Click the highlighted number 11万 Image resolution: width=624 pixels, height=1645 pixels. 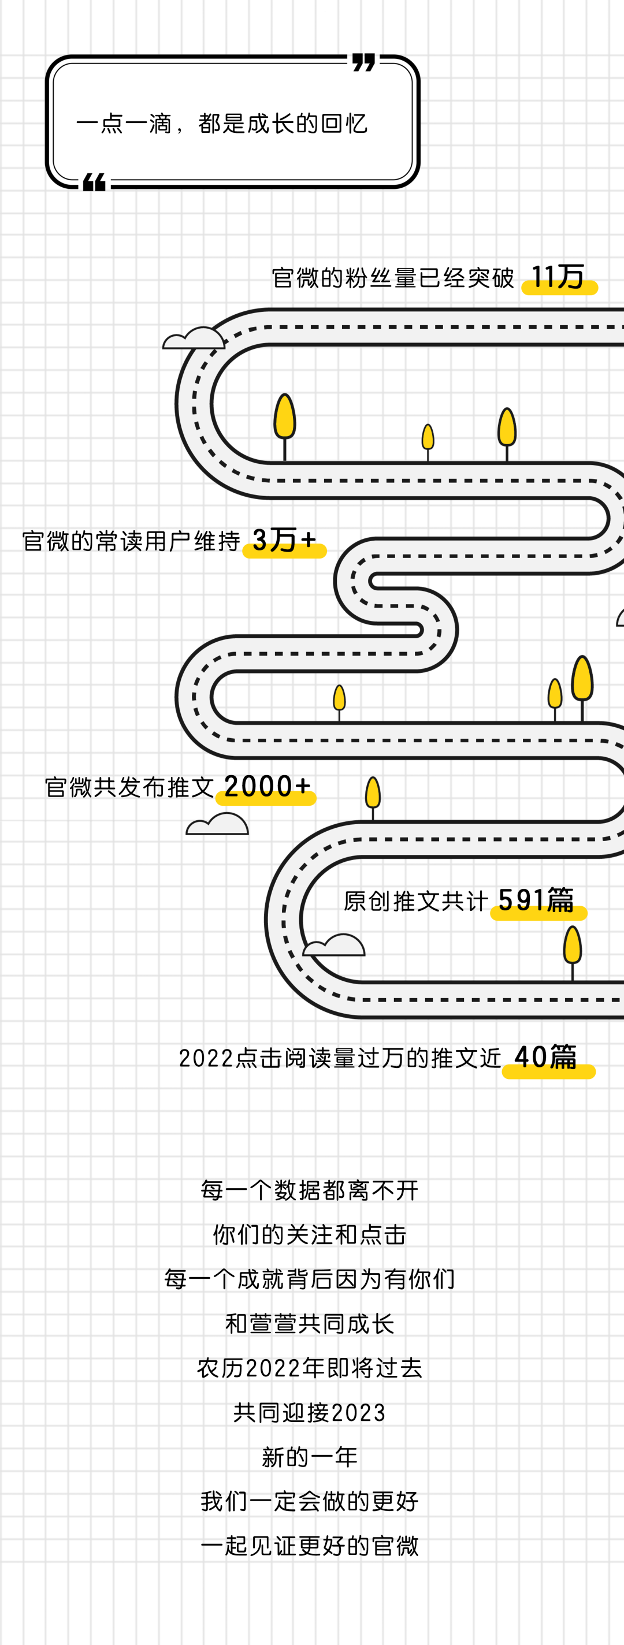coord(558,278)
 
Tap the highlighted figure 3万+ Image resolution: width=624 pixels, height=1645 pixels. coord(284,541)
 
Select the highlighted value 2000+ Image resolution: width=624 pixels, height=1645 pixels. coord(267,787)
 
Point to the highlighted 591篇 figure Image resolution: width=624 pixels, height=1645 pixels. coord(537,901)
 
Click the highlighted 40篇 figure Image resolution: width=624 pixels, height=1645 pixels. coord(546,1058)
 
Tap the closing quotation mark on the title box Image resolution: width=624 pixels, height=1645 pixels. coord(363,62)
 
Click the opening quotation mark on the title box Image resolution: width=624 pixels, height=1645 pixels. coord(95,183)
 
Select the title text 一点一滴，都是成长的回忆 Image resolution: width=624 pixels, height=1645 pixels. coord(222,124)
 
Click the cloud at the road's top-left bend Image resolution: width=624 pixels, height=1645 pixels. coord(194,339)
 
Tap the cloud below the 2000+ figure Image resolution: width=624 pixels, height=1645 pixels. coord(218,825)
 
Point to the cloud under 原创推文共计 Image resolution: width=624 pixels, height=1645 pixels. coord(334,946)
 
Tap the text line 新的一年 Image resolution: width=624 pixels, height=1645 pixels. coord(310,1458)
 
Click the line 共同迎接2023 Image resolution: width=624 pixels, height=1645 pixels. coord(310,1413)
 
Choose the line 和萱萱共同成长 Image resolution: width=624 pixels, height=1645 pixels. coord(310,1324)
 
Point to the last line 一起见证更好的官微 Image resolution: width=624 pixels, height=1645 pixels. coord(310,1546)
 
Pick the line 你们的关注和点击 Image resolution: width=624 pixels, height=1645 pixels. coord(310,1234)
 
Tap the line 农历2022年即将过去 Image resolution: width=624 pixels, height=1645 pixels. coord(310,1368)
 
